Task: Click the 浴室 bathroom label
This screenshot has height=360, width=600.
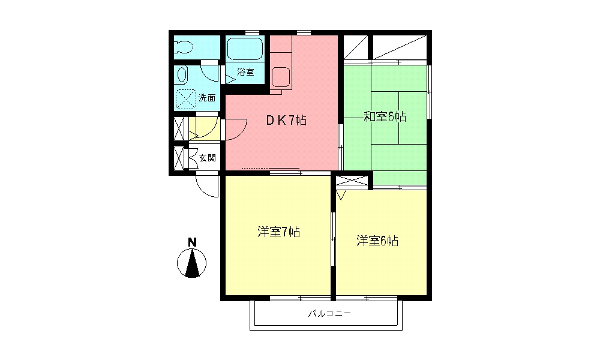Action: coord(245,73)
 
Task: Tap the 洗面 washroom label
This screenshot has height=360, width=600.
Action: coord(207,97)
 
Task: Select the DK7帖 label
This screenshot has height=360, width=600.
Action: coord(287,120)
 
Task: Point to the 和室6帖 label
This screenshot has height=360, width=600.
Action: coord(385,116)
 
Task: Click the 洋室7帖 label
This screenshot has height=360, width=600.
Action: coord(279,232)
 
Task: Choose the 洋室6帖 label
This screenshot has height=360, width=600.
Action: coord(377,241)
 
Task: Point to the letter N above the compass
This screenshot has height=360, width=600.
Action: coord(192,242)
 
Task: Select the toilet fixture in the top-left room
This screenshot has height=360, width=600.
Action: coord(184,47)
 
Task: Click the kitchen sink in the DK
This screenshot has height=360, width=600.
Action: coord(281,76)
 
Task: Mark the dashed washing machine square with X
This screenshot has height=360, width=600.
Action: coord(186,98)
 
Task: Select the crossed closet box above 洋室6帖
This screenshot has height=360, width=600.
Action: coord(353,181)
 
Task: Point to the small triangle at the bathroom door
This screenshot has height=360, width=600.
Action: coord(229,79)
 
